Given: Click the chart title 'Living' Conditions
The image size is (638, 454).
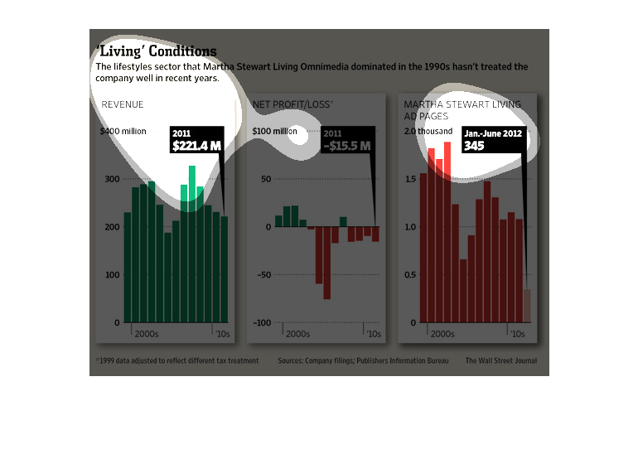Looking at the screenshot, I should pos(157,51).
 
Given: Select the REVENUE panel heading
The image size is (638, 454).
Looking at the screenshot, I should pos(123,104).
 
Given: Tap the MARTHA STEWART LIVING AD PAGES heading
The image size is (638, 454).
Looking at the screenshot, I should pos(462,110).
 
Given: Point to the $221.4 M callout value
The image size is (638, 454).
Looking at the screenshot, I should pos(196,146).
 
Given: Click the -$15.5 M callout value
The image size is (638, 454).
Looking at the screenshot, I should pos(346,146).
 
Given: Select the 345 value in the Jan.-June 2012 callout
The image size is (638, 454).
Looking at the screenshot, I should pos(474,146).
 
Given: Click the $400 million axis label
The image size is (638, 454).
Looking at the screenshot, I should pos(123,132).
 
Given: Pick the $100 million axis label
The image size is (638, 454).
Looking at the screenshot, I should pos(274,132).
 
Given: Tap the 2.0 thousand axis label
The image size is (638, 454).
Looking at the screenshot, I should pos(428,132).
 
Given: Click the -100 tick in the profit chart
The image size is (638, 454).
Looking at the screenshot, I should pos(262,322).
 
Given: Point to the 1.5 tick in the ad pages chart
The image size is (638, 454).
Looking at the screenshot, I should pos(410,179).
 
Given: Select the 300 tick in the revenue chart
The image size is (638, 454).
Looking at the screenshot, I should pos(111,179).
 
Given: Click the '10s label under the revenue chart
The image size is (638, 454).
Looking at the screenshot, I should pos(223,335).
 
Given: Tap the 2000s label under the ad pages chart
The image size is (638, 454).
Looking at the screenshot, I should pos(442,335).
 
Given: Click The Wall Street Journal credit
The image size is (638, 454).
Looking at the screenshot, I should pos(500,361).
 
